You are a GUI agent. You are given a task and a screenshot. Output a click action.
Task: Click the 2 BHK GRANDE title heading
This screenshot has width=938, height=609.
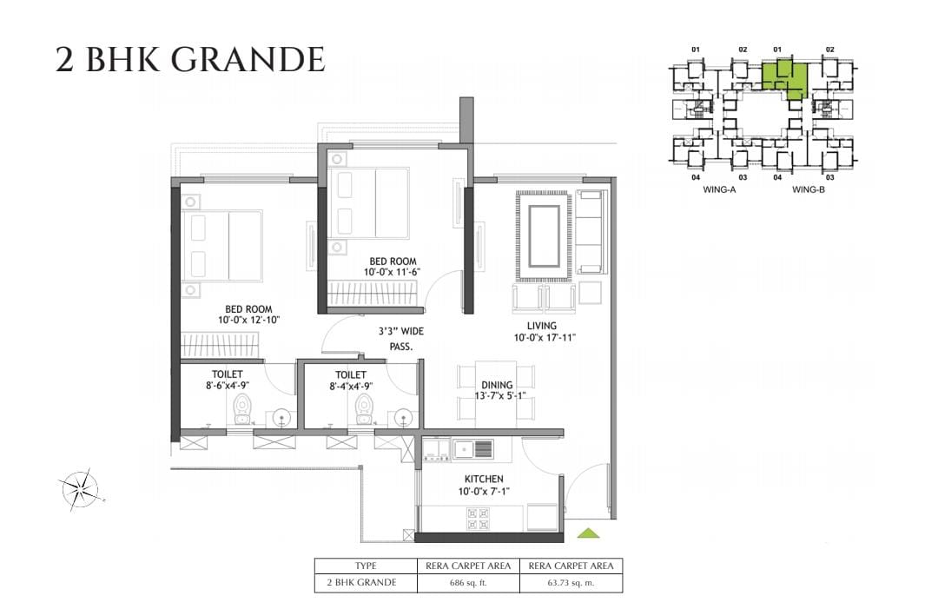(x=190, y=60)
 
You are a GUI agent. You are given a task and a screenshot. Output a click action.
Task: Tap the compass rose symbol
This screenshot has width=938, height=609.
(x=80, y=489)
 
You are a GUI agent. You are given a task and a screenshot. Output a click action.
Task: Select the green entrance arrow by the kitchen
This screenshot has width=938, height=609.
(x=589, y=533)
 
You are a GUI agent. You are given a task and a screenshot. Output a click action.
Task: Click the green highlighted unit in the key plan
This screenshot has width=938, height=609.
(x=785, y=78)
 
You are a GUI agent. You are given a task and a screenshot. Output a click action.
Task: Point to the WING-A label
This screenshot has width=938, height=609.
(x=719, y=189)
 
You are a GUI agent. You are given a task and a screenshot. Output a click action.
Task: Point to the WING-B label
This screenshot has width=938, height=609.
(x=809, y=189)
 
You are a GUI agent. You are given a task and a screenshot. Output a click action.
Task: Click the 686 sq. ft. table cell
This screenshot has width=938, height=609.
(x=468, y=583)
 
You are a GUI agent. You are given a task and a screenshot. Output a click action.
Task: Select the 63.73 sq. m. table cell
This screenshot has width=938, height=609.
(x=571, y=583)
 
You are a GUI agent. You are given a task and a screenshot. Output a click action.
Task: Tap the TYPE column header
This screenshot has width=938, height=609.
(x=366, y=566)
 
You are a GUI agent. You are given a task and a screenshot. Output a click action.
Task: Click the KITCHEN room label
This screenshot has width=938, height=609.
(x=484, y=480)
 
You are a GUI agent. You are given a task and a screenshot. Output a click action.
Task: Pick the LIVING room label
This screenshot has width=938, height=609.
(x=541, y=326)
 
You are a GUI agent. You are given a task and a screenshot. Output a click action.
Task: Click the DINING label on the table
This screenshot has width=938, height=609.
(x=497, y=385)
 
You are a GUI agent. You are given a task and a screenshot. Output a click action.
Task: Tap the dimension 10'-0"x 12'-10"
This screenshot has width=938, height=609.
(x=249, y=320)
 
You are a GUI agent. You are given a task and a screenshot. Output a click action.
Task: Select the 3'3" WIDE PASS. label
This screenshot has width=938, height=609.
(x=400, y=339)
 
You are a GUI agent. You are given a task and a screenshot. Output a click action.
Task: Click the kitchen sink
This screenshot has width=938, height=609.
(x=472, y=448)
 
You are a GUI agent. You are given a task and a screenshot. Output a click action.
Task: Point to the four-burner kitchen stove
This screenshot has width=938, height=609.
(x=478, y=519)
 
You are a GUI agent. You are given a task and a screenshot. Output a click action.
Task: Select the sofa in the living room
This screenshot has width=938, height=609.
(x=591, y=233)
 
